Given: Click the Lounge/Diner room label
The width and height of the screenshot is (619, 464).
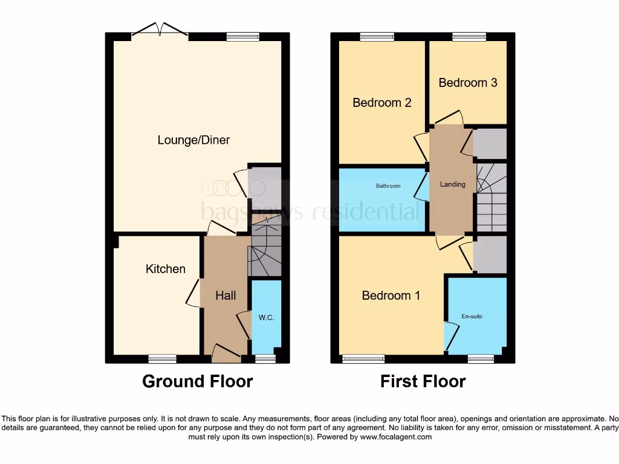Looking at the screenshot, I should pos(193,140).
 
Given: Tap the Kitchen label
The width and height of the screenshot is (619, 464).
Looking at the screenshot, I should pos(165,269).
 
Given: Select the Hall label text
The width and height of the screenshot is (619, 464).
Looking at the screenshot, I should pos(225,295).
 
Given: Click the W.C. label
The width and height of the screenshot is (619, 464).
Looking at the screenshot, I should pos(266,317).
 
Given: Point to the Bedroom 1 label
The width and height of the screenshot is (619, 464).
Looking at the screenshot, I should pos(391,295).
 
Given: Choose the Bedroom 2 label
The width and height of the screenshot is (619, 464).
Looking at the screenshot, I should pos(381,103).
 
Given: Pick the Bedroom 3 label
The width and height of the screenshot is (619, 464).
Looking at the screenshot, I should pos(467,83).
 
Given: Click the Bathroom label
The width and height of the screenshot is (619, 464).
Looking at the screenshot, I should pos(387,186).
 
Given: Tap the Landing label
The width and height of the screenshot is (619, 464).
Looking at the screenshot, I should pos(452,184).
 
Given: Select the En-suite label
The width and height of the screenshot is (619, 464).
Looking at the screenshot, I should pos(472,316).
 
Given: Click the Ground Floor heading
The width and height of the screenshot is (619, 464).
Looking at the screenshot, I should pos(197,381).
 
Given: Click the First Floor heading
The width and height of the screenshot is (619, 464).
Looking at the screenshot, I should pos(423,381).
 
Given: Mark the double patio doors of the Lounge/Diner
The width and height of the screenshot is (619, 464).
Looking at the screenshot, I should pos(160,30).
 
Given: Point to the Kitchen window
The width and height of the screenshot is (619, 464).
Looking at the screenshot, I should pos(163,359).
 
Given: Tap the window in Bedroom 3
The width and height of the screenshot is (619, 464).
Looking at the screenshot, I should pos(469,36).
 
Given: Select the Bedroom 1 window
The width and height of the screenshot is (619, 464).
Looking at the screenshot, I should pos(363,359).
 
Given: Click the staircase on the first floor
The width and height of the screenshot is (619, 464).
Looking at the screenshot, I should pos(491,197).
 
